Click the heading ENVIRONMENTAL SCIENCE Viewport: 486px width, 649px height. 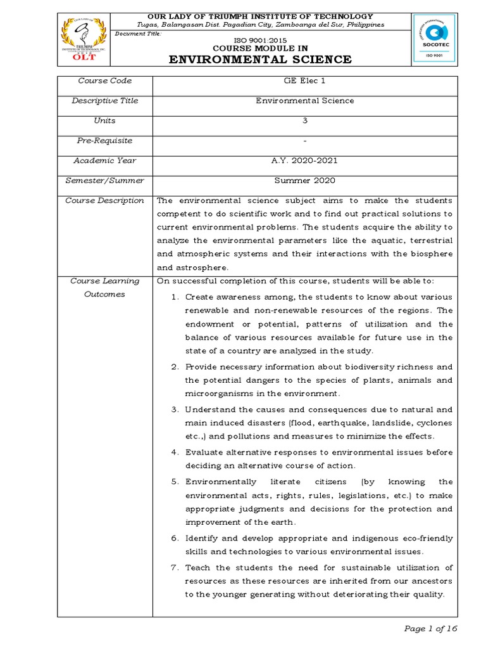tap(259, 60)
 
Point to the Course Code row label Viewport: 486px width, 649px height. tap(104, 81)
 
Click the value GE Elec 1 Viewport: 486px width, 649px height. tap(305, 81)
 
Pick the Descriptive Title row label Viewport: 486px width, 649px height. tap(104, 101)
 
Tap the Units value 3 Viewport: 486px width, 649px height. tap(305, 120)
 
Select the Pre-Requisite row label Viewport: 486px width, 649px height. tap(104, 141)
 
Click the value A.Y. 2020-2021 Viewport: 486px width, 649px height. tap(305, 161)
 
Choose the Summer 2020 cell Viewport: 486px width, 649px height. tap(305, 181)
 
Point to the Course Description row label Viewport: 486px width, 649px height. tap(104, 201)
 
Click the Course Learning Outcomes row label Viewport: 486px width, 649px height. tap(104, 288)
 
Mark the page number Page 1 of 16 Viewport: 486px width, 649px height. tap(430, 629)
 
